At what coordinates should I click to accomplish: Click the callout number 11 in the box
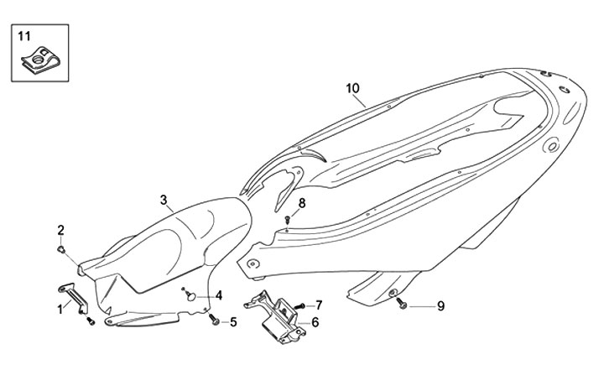click(23, 35)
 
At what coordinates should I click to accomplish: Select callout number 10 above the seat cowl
click(352, 88)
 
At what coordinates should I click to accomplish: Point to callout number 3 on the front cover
click(165, 200)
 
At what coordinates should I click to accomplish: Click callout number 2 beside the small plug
click(60, 230)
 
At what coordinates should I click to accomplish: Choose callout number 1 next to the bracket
click(60, 309)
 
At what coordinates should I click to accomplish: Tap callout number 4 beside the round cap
click(218, 295)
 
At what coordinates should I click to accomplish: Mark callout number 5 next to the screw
click(233, 321)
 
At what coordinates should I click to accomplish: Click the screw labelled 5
click(215, 320)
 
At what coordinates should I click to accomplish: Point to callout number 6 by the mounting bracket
click(315, 322)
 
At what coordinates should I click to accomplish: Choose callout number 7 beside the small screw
click(318, 304)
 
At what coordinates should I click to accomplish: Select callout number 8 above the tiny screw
click(301, 202)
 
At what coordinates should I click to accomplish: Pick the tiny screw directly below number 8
click(288, 220)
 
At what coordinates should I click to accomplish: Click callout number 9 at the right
click(440, 306)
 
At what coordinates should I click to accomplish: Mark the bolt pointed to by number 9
click(404, 305)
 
